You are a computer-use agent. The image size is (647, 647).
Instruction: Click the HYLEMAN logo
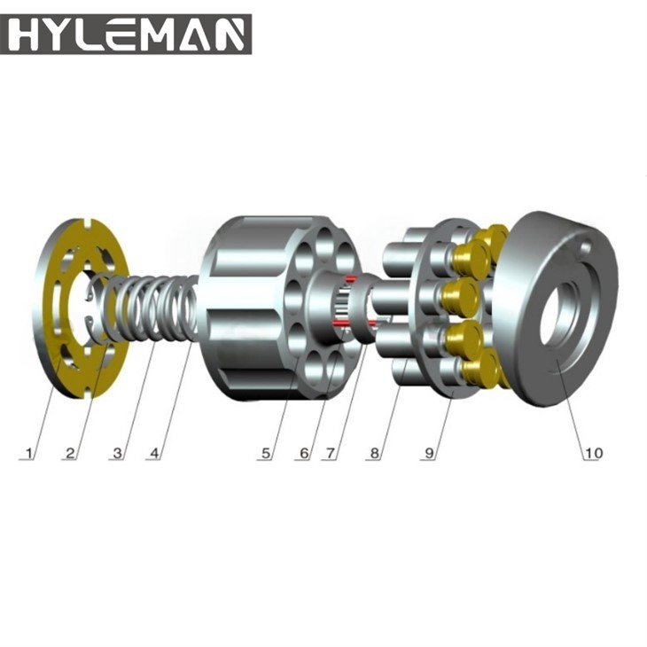click(x=126, y=35)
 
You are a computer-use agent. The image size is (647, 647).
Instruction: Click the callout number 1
click(x=29, y=453)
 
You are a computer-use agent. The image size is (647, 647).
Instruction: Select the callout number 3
click(x=116, y=453)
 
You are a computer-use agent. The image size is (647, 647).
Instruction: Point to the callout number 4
click(x=155, y=453)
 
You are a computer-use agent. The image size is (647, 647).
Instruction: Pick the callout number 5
click(x=265, y=453)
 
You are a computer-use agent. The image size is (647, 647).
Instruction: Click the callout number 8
click(x=375, y=453)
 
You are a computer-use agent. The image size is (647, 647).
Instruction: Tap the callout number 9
click(x=430, y=453)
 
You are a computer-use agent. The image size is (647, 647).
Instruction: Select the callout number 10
click(x=592, y=453)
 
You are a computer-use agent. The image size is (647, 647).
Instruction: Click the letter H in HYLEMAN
click(x=27, y=35)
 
